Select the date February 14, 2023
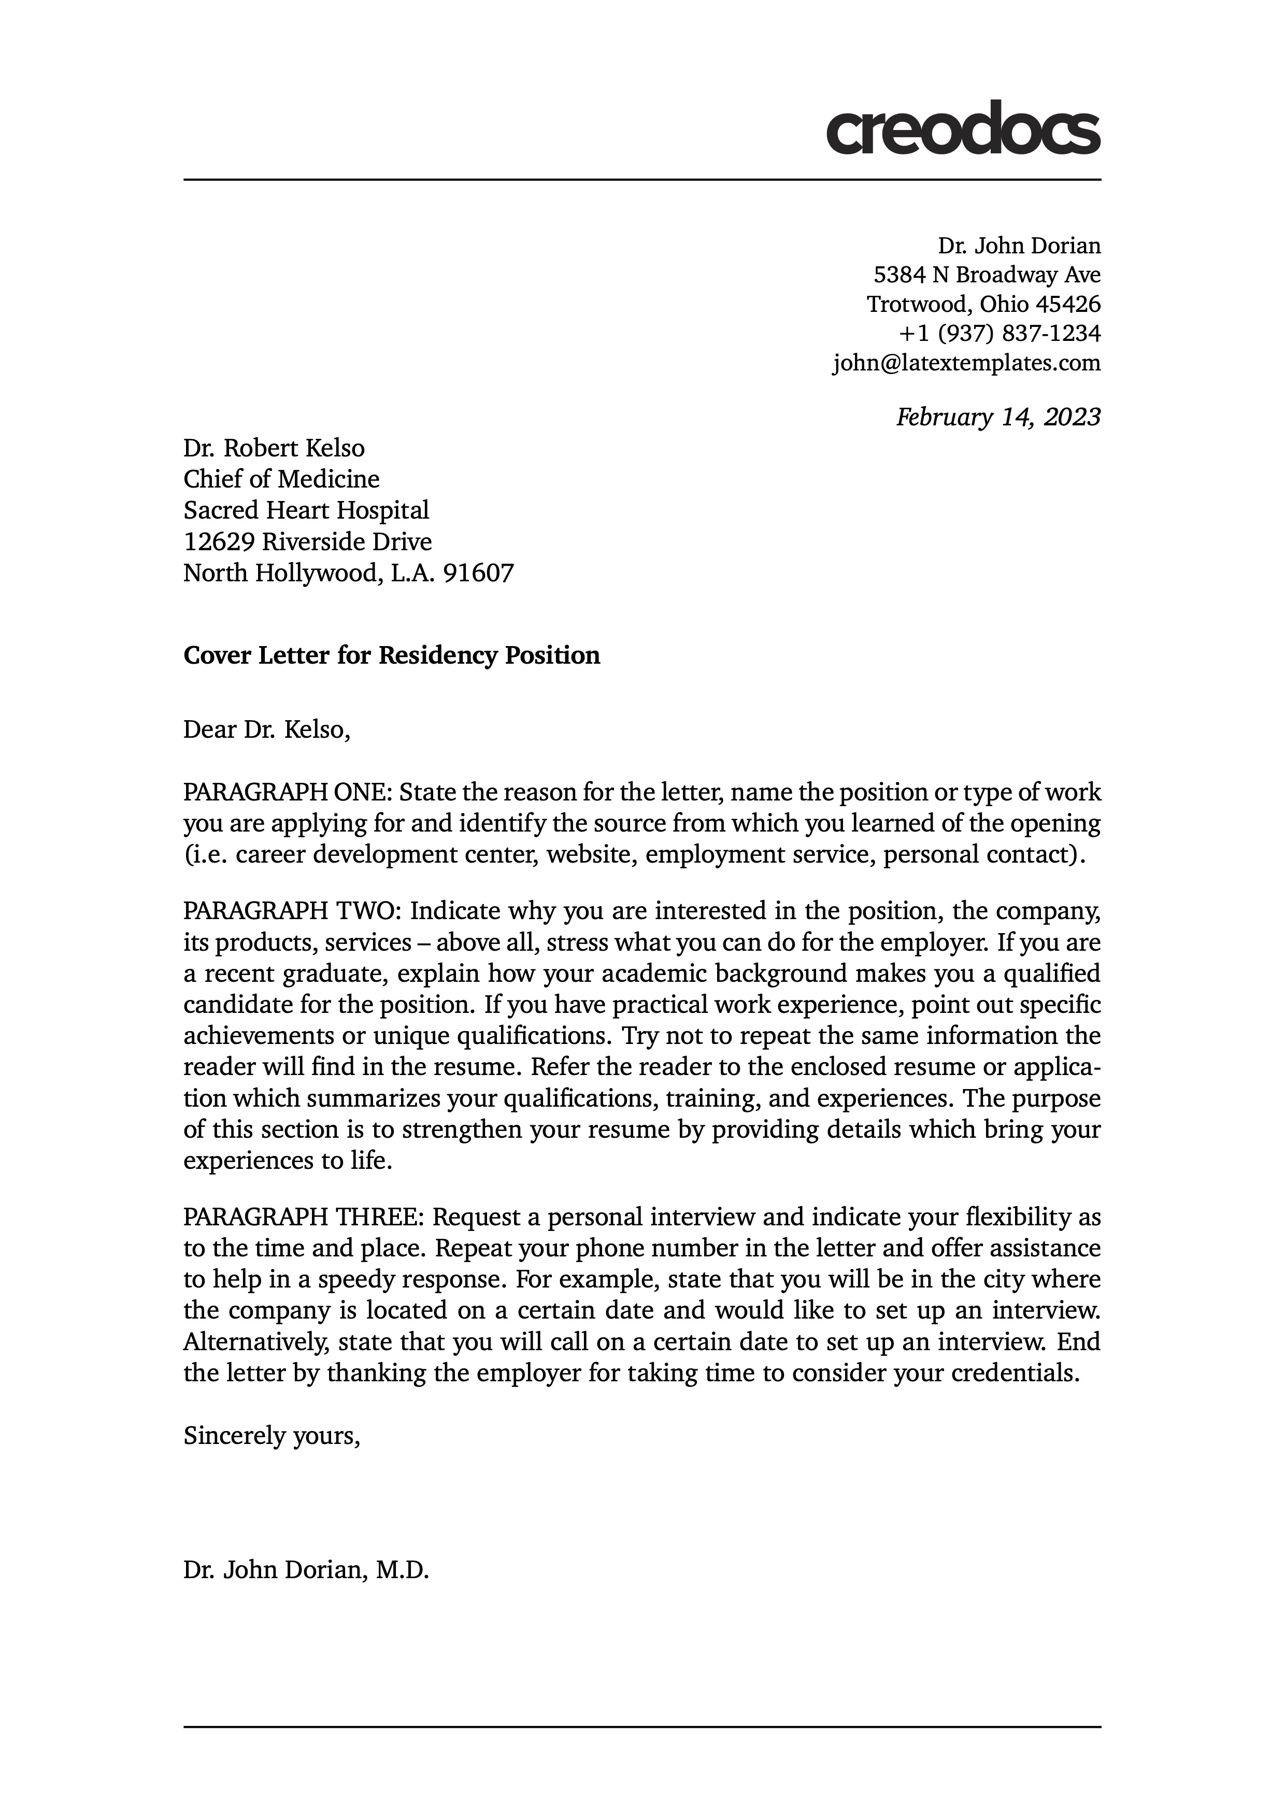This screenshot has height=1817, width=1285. pos(998,417)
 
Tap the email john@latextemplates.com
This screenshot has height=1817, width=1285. pos(966,363)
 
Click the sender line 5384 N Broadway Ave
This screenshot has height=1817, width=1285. pos(987,275)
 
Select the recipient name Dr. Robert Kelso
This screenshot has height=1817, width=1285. pos(274,449)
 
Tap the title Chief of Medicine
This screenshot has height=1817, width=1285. pos(281,480)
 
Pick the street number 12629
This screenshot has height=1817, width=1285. pos(218,542)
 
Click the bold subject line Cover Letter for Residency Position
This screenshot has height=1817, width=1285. pos(392,656)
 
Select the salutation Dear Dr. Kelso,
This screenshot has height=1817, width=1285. pos(267,729)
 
